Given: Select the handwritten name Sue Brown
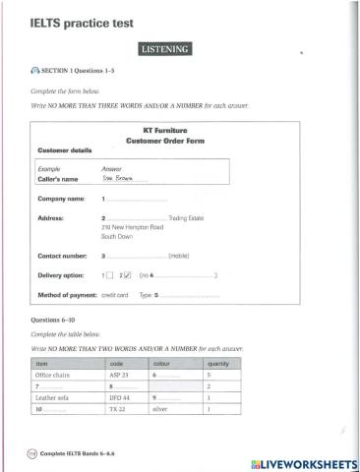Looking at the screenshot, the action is [x=116, y=179].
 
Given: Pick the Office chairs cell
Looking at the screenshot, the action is [x=51, y=376].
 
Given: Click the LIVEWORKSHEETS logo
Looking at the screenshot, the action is [x=302, y=461].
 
